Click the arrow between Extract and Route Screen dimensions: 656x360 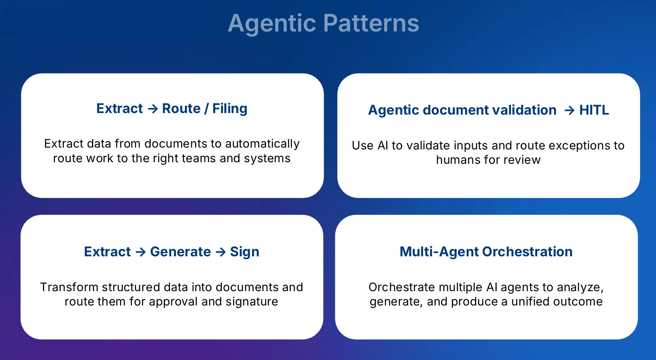(x=153, y=109)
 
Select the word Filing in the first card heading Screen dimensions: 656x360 (x=230, y=109)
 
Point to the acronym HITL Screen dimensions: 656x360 (x=594, y=110)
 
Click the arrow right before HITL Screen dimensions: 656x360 (x=569, y=110)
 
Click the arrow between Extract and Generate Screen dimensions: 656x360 (x=141, y=252)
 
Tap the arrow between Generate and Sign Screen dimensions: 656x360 (x=221, y=252)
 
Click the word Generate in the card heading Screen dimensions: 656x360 (x=180, y=252)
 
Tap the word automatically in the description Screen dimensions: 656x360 (x=262, y=144)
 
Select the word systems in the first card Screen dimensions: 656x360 (x=267, y=159)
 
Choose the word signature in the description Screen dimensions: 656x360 (x=252, y=302)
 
